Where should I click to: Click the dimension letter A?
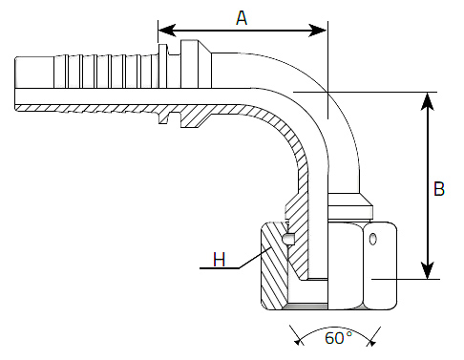pyautogui.click(x=242, y=18)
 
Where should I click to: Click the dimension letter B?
pyautogui.click(x=439, y=188)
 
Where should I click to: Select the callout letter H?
pyautogui.click(x=220, y=259)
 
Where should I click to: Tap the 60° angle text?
pyautogui.click(x=339, y=338)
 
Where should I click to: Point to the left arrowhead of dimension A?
pyautogui.click(x=167, y=31)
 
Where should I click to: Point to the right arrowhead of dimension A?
pyautogui.click(x=318, y=31)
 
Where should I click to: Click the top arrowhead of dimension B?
pyautogui.click(x=428, y=101)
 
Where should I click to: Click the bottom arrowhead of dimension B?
pyautogui.click(x=428, y=270)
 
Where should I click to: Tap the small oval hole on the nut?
pyautogui.click(x=372, y=239)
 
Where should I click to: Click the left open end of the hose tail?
pyautogui.click(x=15, y=84)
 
